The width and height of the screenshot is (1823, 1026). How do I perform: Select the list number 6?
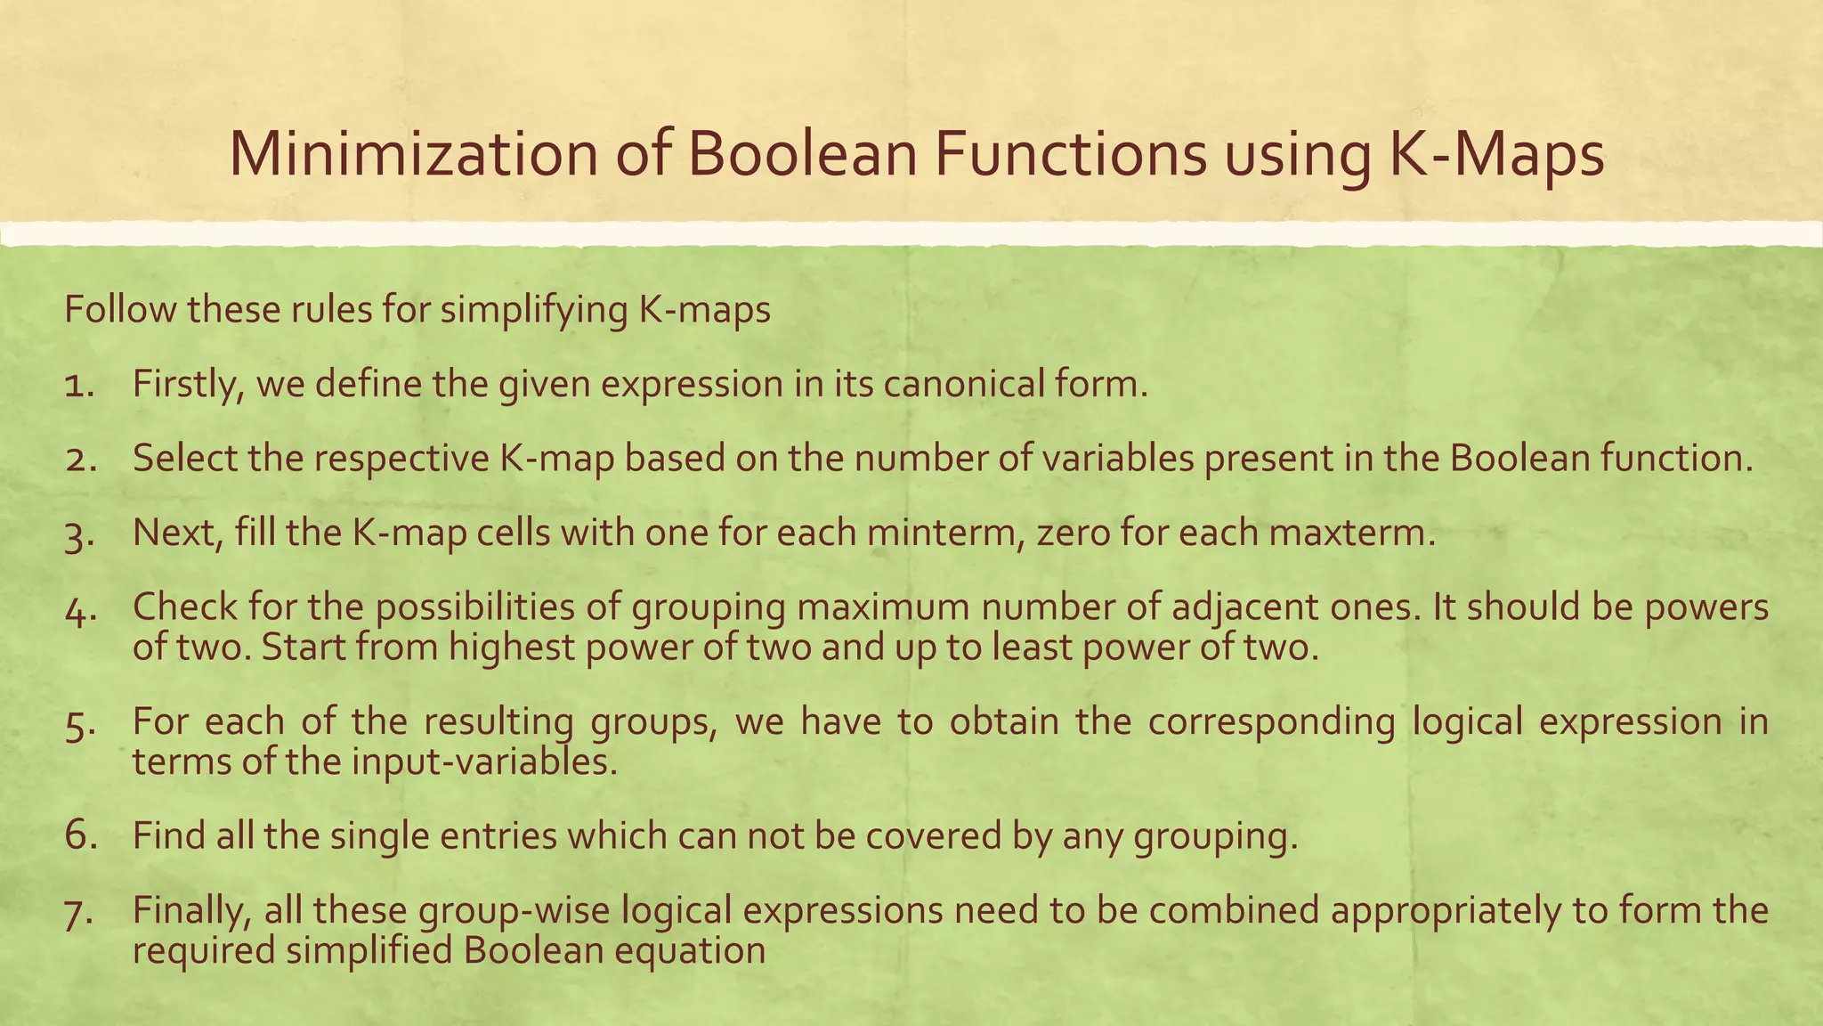pos(79,835)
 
